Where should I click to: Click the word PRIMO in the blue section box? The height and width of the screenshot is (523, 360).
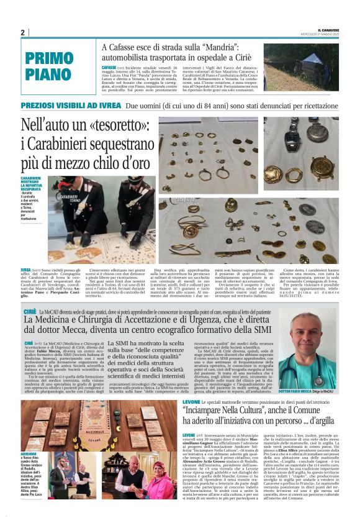50,59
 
